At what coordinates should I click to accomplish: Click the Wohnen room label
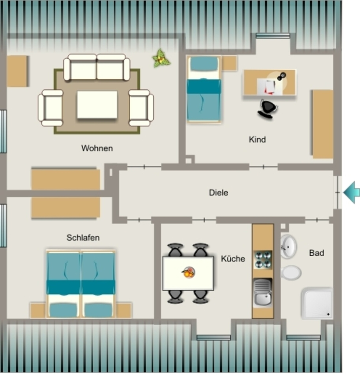tap(97, 148)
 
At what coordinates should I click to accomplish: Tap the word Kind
tap(257, 140)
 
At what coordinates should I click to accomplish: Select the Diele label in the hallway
tap(218, 193)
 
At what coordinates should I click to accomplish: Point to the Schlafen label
tap(83, 238)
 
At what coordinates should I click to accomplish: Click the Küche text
tap(233, 259)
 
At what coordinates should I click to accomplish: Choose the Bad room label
tap(316, 253)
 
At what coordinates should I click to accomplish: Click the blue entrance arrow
tap(352, 192)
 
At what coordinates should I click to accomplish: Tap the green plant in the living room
tap(161, 58)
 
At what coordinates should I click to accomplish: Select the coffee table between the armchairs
tap(97, 104)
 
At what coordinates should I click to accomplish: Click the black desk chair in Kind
tap(268, 109)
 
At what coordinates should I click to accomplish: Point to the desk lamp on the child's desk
tap(281, 76)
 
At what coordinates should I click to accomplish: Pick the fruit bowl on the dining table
tap(189, 272)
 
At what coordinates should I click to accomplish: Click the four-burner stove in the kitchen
tap(263, 260)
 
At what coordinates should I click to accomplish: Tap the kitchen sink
tap(263, 293)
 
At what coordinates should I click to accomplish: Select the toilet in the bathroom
tap(291, 272)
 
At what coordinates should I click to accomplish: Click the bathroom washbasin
tap(288, 246)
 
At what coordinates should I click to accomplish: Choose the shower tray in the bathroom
tap(317, 303)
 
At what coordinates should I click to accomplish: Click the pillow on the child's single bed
tap(204, 64)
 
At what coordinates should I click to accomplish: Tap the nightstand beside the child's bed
tap(229, 63)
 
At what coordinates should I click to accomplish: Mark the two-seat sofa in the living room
tap(97, 67)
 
